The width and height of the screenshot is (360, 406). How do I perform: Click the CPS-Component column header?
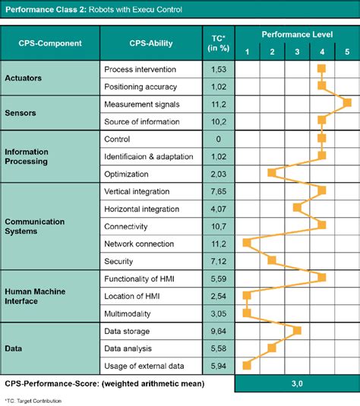[51, 44]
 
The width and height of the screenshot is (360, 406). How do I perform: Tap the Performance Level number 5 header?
[346, 52]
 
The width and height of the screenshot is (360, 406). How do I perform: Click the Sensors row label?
[23, 112]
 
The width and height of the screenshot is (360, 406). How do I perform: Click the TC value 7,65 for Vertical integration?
[218, 191]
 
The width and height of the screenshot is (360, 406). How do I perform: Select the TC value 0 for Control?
[218, 139]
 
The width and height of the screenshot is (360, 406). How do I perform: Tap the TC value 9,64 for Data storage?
[218, 331]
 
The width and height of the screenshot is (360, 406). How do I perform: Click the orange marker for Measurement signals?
[347, 103]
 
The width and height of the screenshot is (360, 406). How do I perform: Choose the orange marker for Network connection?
[246, 243]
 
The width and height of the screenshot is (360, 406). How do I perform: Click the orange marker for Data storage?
[297, 330]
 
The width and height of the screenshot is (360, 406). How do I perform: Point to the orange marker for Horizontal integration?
[297, 208]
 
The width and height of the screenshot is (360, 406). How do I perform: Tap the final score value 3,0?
[296, 384]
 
